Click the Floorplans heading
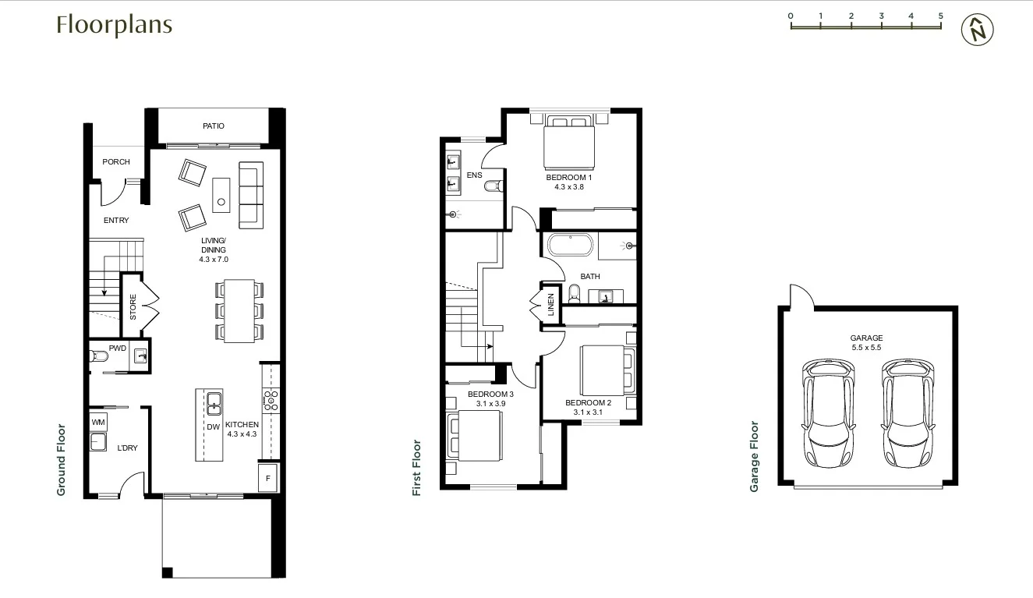point(114,25)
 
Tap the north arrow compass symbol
point(978,30)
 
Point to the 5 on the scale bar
point(941,16)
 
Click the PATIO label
point(214,126)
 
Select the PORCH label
point(116,162)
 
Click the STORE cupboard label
point(133,306)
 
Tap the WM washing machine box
point(98,423)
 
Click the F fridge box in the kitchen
point(268,478)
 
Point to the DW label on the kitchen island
point(213,427)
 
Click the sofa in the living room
point(249,196)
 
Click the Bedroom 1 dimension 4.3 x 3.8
point(569,187)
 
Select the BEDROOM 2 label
point(588,403)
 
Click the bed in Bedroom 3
point(468,434)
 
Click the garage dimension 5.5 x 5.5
point(866,348)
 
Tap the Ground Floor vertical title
point(61,460)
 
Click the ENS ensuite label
point(474,175)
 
